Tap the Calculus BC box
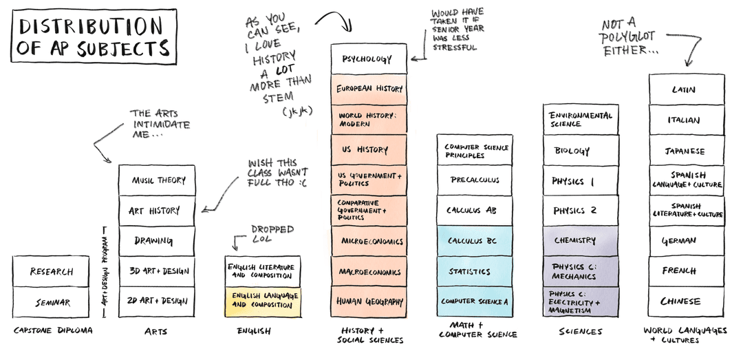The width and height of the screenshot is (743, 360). (x=475, y=241)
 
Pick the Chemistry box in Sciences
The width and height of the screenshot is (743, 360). (x=580, y=241)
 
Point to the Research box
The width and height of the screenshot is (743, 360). (x=51, y=271)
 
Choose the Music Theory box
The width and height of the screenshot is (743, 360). (x=156, y=180)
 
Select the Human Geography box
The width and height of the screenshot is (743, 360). (x=369, y=301)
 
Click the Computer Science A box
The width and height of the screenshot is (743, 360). (x=475, y=301)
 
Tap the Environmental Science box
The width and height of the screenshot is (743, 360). (x=580, y=119)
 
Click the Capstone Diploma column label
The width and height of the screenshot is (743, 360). (x=53, y=331)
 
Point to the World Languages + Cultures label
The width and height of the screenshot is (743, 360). (x=685, y=335)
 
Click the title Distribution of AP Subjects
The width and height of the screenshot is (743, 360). (x=94, y=37)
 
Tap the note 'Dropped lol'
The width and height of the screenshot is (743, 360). (x=272, y=234)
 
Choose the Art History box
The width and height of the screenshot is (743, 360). (x=156, y=211)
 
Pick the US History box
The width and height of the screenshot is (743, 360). (x=369, y=149)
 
